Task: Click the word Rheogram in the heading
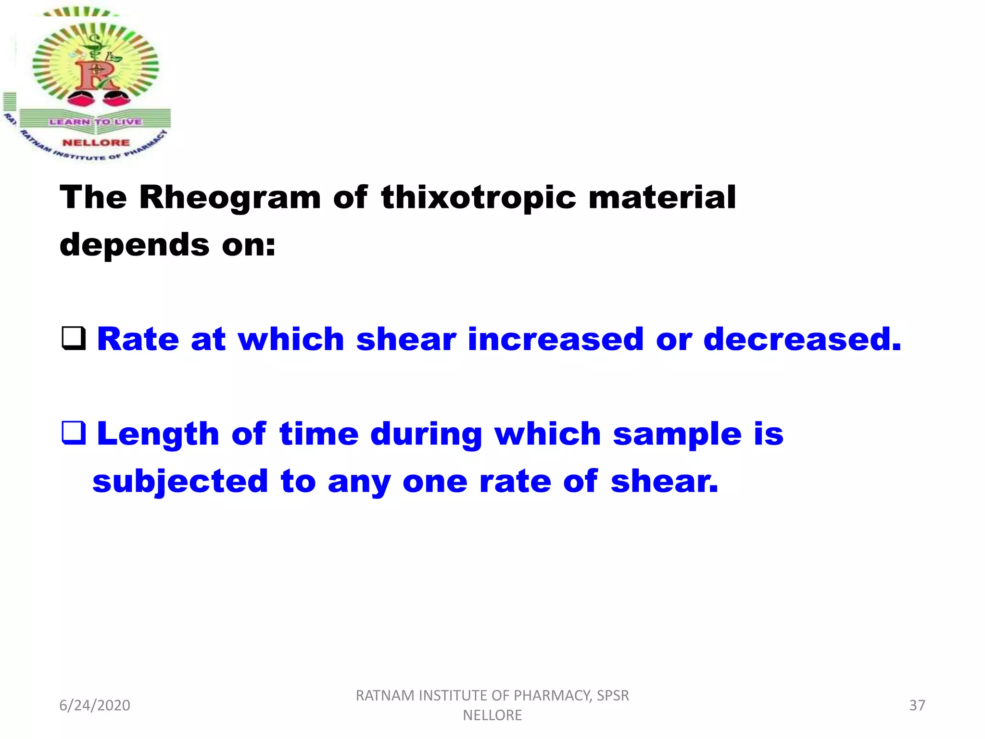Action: [x=230, y=198]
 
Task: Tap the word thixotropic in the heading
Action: [x=478, y=198]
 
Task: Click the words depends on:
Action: [x=167, y=245]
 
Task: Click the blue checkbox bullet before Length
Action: [x=74, y=433]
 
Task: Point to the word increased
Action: [x=556, y=339]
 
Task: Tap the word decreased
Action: [x=802, y=339]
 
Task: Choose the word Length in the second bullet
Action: [x=158, y=434]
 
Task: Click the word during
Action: [x=426, y=434]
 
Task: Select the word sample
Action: [x=677, y=434]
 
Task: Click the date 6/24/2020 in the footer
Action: [x=95, y=705]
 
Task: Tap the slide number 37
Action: [x=917, y=705]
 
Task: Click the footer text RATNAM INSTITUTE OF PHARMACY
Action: [x=492, y=696]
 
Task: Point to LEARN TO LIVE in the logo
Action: [x=95, y=122]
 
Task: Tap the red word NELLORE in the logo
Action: [x=96, y=142]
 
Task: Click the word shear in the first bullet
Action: [x=406, y=339]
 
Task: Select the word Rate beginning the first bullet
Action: [x=138, y=339]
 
